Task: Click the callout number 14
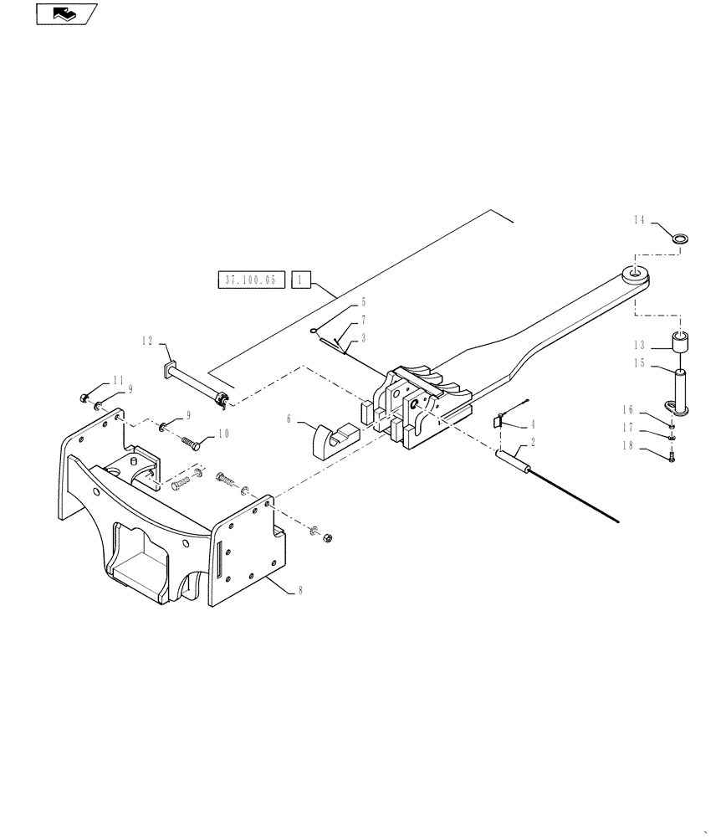pyautogui.click(x=640, y=221)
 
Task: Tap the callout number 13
pyautogui.click(x=640, y=345)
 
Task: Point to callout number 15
pyautogui.click(x=640, y=363)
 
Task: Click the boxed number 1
pyautogui.click(x=302, y=280)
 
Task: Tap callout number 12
pyautogui.click(x=147, y=341)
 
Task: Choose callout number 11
pyautogui.click(x=118, y=379)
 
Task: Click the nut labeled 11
pyautogui.click(x=85, y=397)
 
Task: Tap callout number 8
pyautogui.click(x=301, y=590)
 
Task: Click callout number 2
pyautogui.click(x=533, y=448)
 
